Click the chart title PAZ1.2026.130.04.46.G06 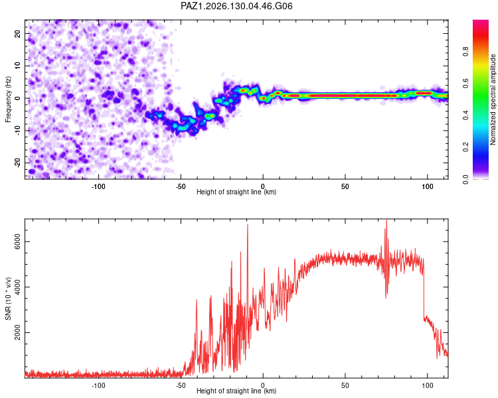[236, 6]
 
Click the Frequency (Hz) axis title [8, 99]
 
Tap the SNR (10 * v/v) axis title [8, 298]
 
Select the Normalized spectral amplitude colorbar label [493, 99]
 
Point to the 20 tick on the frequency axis [18, 34]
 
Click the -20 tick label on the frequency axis [18, 162]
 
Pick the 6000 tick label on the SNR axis [18, 242]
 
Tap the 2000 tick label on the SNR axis [18, 332]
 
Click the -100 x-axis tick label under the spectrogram [98, 186]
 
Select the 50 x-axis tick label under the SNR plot [345, 385]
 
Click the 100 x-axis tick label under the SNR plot [427, 385]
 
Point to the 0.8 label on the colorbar [465, 52]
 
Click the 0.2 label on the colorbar [465, 147]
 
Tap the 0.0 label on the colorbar [465, 179]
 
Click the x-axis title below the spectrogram [236, 192]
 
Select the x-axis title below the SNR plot [236, 391]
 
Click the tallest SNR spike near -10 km [248, 225]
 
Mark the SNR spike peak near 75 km [386, 220]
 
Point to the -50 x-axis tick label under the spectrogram [181, 186]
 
